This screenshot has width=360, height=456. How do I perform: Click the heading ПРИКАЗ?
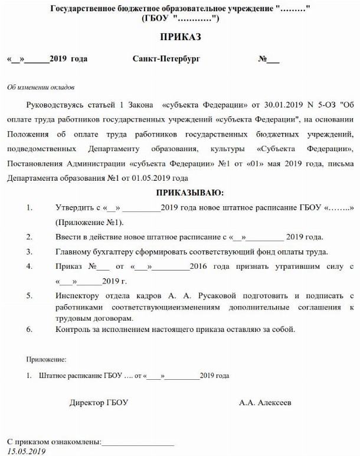click(181, 37)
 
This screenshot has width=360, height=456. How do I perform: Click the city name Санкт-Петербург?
click(167, 60)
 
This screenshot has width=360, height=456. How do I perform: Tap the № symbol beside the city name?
click(263, 60)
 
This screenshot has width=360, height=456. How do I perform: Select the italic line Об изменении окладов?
click(41, 87)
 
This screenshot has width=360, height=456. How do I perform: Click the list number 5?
click(29, 295)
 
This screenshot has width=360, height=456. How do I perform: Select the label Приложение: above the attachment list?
click(47, 359)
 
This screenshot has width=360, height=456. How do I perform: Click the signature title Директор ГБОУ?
click(99, 403)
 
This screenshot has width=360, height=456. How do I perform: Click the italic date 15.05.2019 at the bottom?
click(26, 451)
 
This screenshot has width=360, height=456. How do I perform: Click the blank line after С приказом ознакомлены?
click(138, 442)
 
